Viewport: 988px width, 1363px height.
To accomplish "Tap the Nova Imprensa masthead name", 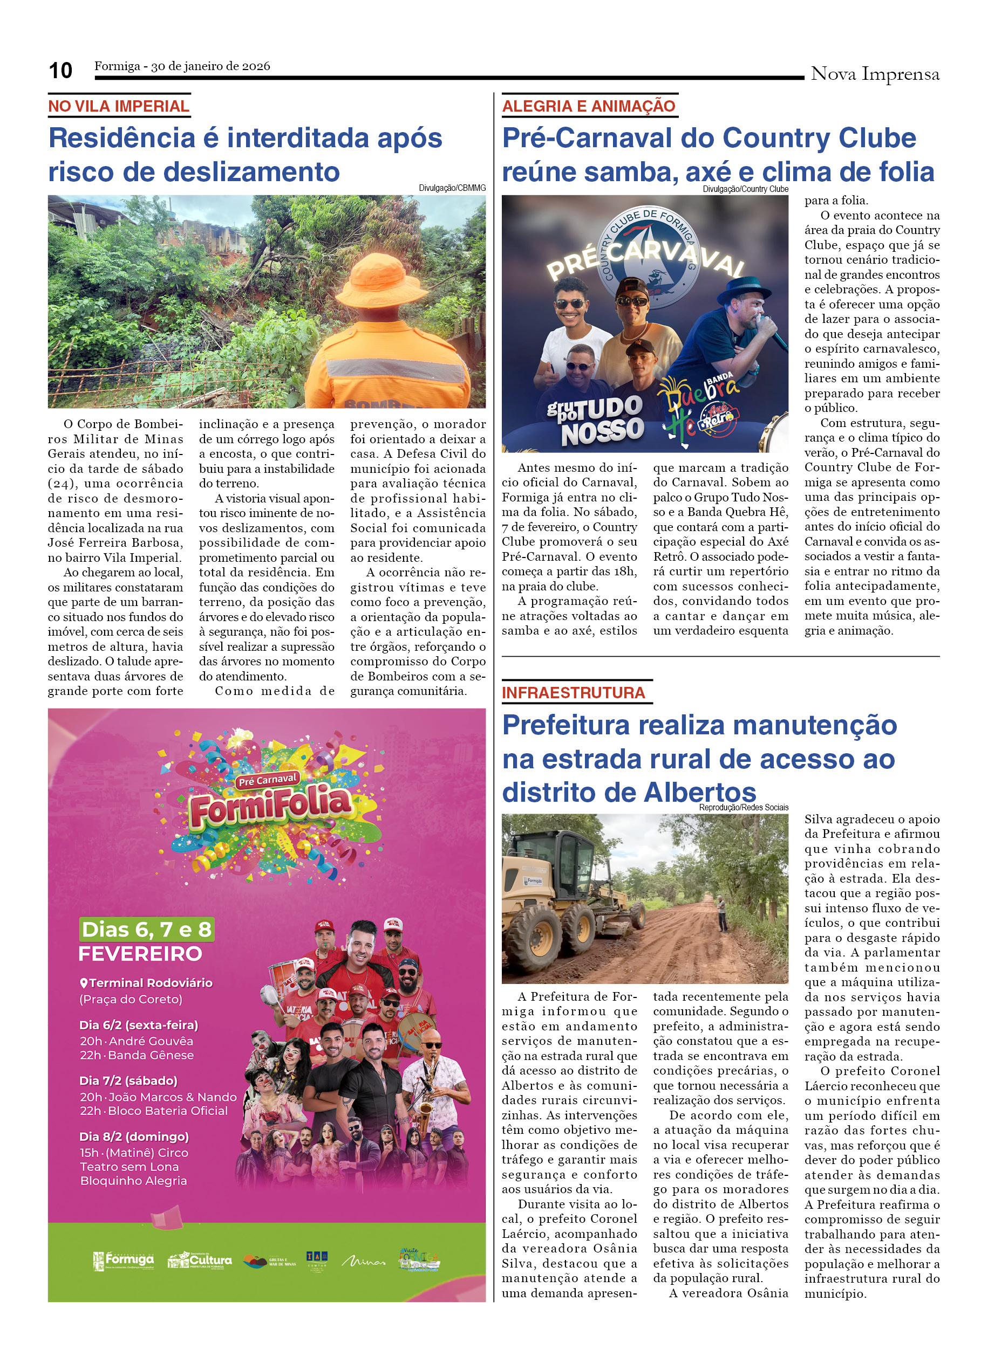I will (x=874, y=74).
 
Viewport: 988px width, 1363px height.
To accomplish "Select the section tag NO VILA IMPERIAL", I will (x=119, y=106).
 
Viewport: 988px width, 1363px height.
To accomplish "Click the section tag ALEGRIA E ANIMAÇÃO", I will (x=588, y=106).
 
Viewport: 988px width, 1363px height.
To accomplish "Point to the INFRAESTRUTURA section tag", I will (x=573, y=693).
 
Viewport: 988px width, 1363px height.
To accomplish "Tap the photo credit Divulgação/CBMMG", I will (x=452, y=188).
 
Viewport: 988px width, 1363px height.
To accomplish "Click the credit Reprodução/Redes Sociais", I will (x=742, y=808).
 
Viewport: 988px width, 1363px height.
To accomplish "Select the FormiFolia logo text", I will (x=270, y=805).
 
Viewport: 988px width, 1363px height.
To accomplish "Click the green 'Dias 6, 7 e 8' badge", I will (x=147, y=930).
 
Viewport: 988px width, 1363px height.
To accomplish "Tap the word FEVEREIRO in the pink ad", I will (x=140, y=954).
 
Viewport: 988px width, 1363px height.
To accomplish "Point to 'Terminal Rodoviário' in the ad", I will (x=151, y=983).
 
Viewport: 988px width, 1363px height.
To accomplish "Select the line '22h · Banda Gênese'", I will (x=137, y=1055).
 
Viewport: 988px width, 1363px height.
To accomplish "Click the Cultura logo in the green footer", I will (x=200, y=1260).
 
